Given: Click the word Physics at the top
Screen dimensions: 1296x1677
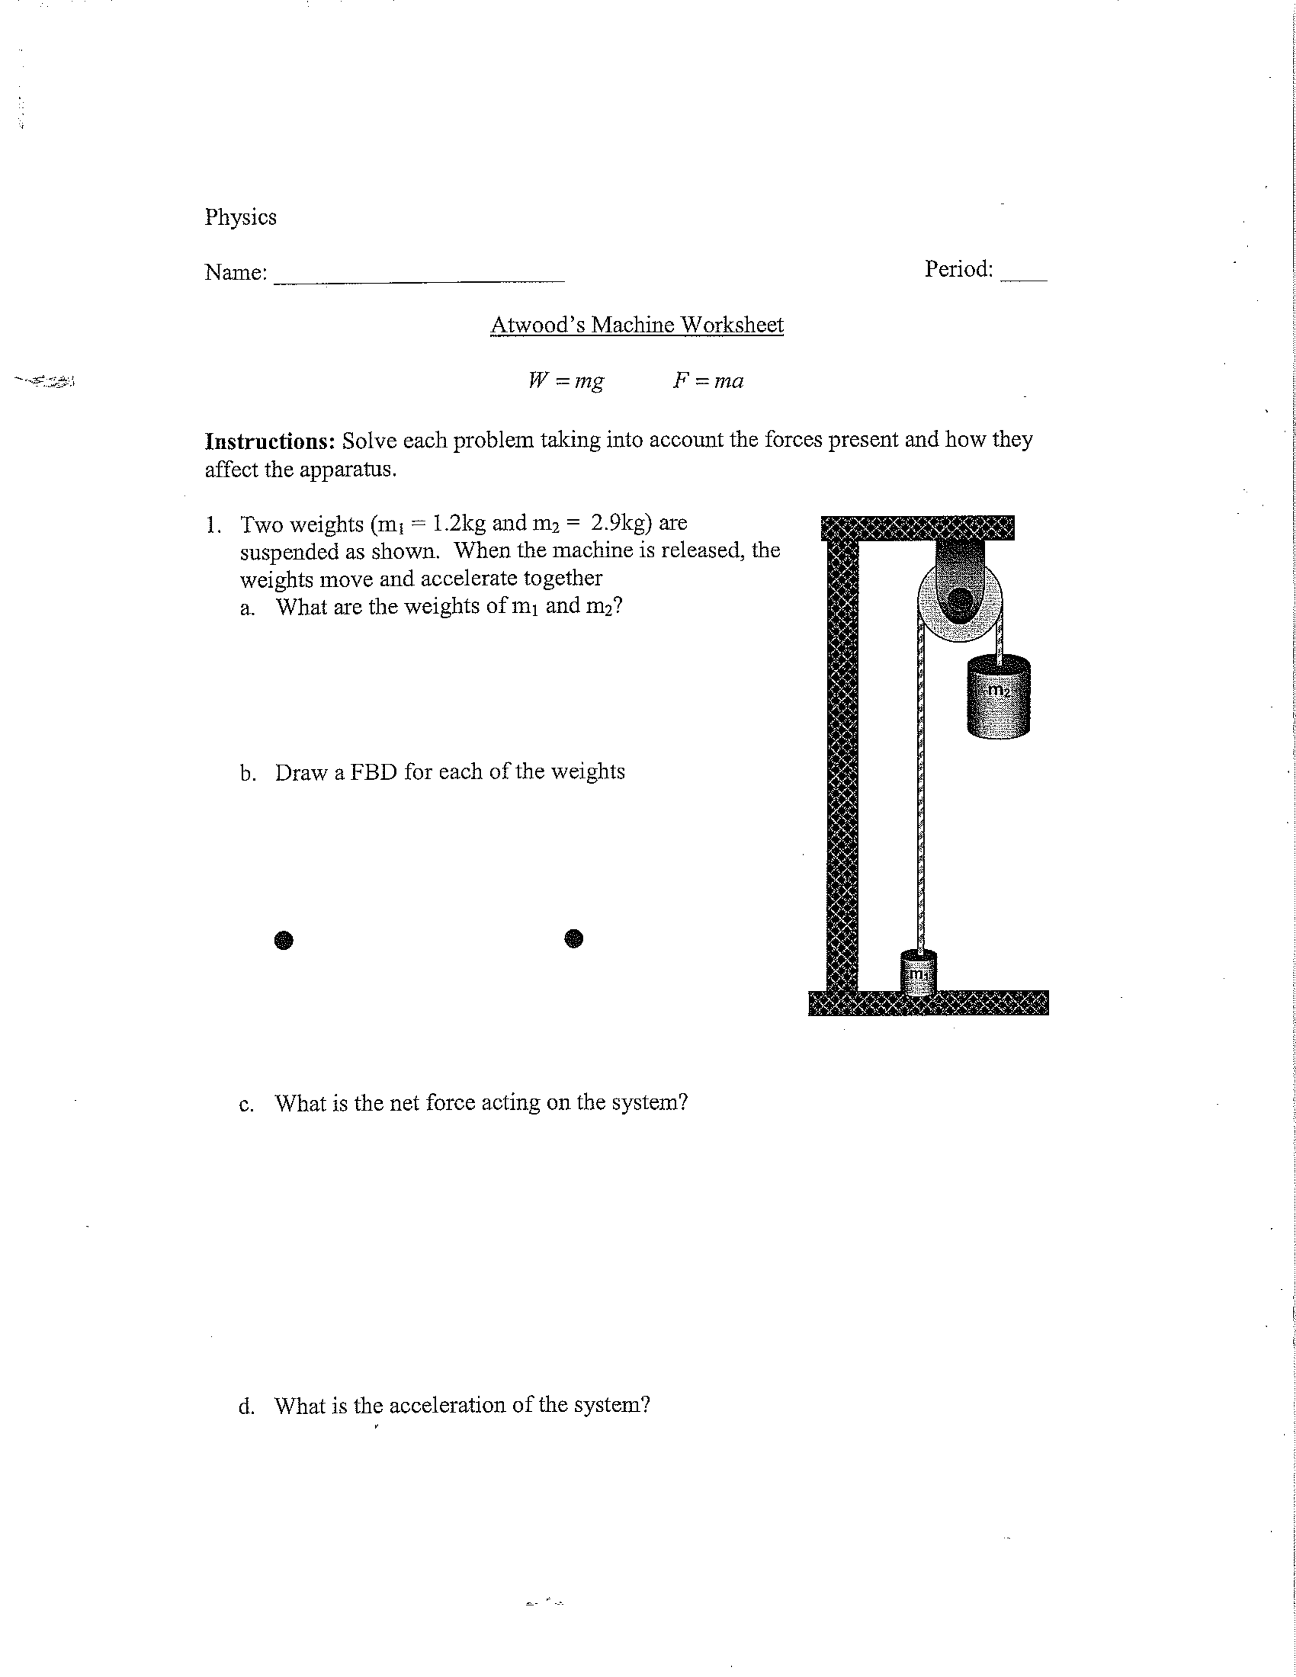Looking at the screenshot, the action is (240, 218).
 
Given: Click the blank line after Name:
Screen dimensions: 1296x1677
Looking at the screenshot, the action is (419, 283).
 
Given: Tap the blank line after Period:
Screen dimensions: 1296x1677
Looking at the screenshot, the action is (1024, 281).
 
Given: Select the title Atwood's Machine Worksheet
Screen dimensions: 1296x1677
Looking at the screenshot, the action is (636, 325).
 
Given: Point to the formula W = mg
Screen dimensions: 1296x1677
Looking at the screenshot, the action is (566, 381).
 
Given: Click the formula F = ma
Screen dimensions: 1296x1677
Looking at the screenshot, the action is (708, 381).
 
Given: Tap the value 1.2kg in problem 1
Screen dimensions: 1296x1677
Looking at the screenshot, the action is (459, 524).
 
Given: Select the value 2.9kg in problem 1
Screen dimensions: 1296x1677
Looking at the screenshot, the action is (621, 523).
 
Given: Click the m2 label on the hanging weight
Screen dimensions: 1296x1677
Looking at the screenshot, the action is (997, 690).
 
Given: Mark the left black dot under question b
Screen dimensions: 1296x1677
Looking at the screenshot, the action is (283, 940).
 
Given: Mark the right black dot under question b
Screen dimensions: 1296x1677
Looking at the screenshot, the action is (573, 938).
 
